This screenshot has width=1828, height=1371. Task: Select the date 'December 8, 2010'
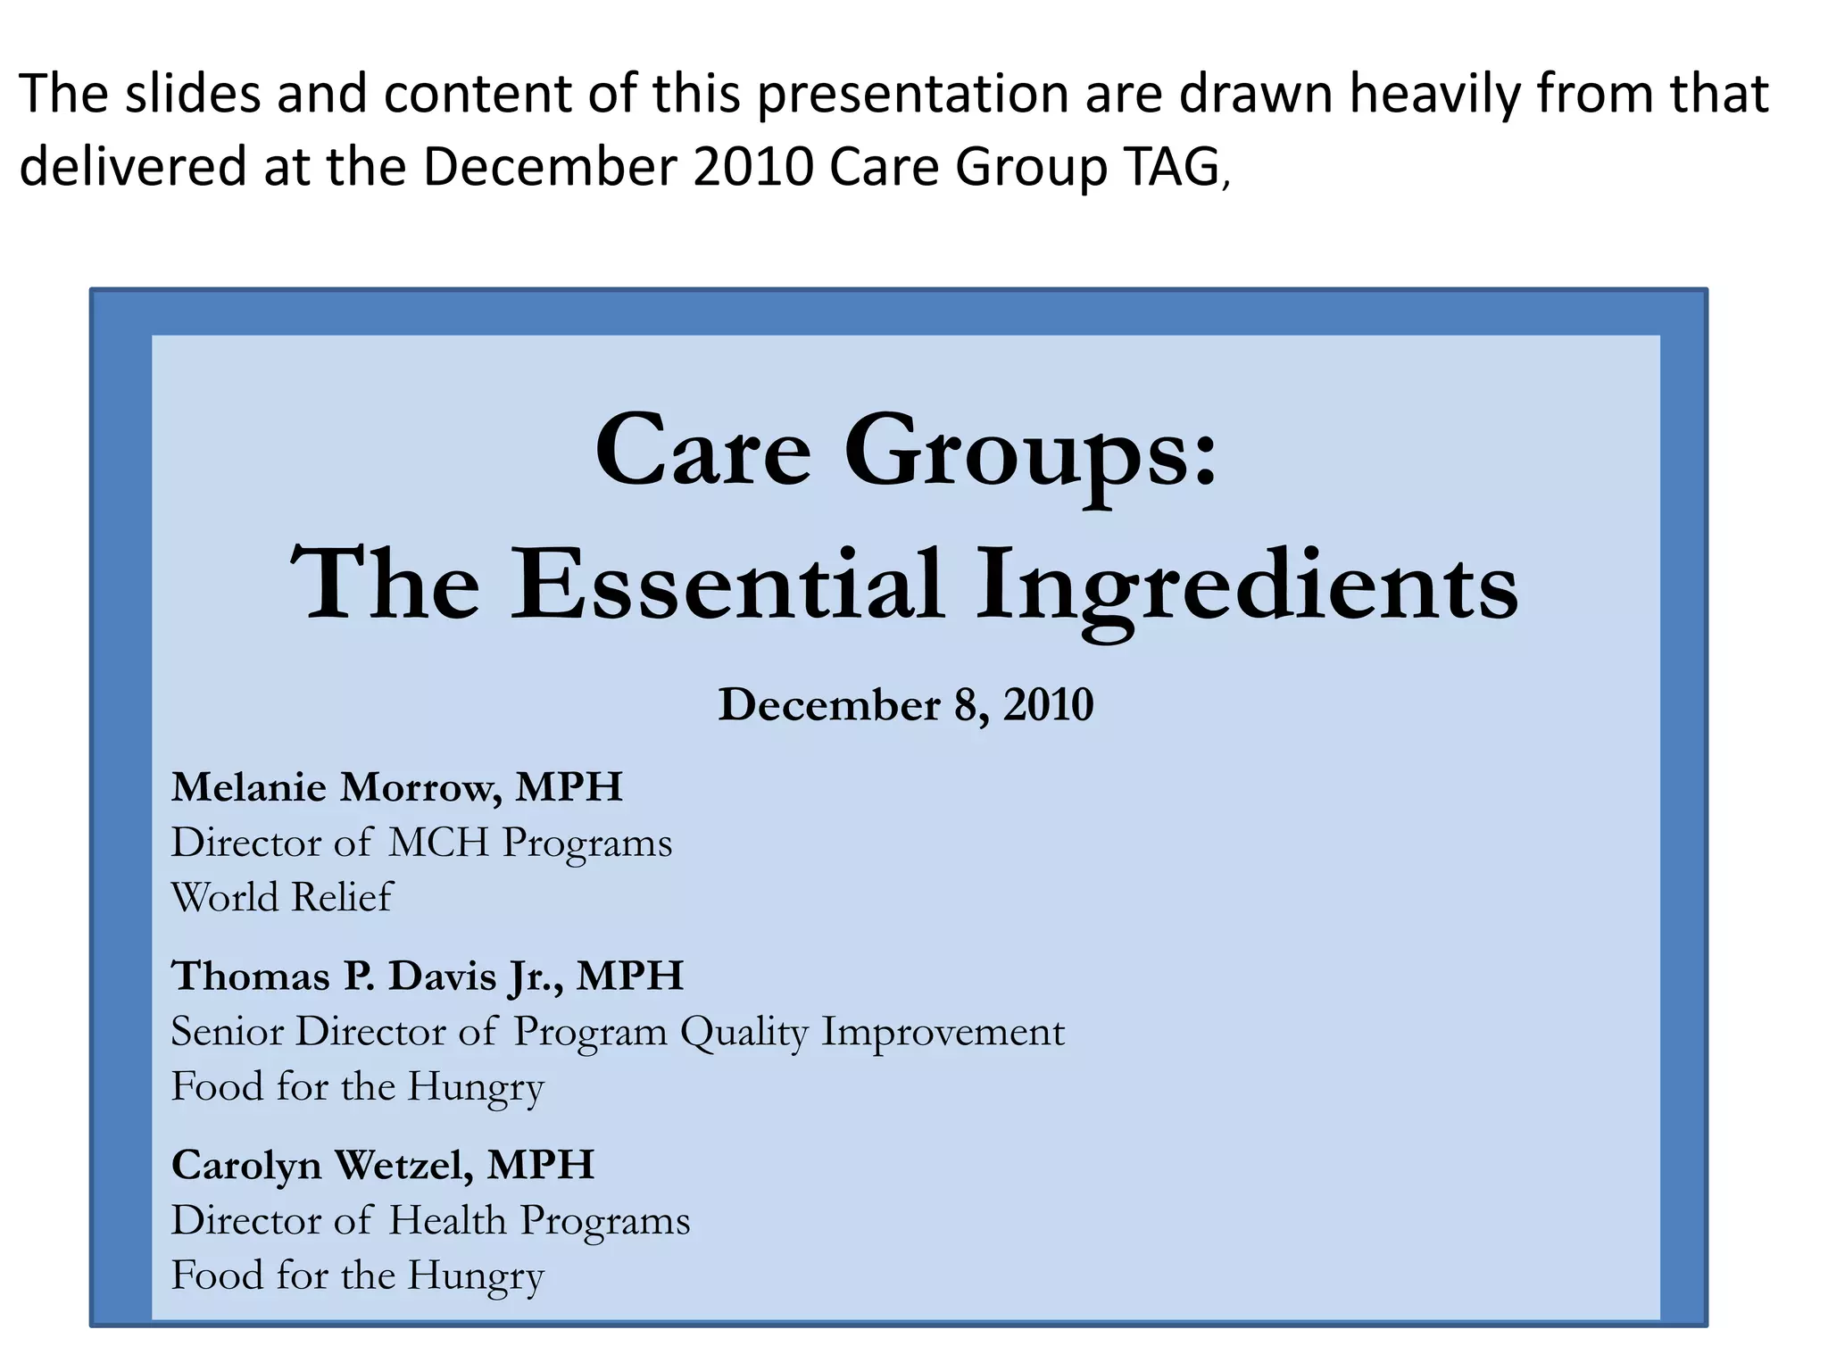point(905,705)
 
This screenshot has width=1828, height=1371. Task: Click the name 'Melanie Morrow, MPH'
point(396,787)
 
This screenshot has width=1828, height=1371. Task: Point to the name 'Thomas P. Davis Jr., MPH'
point(427,976)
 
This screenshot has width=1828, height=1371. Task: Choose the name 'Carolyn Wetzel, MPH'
point(382,1165)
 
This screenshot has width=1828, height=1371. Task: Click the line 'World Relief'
point(281,897)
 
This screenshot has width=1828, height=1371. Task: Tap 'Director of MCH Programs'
point(421,843)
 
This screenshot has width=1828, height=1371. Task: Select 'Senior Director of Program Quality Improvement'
point(618,1032)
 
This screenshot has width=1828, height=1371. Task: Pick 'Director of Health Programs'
point(430,1220)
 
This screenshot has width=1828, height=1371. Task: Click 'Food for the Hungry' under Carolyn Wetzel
point(357,1275)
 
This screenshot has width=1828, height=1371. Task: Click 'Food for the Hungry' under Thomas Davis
point(357,1087)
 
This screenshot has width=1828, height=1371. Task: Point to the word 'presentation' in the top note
point(912,95)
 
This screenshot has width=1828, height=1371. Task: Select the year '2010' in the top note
point(752,167)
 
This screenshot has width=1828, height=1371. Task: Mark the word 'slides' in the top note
point(193,93)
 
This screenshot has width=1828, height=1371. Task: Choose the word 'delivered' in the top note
point(132,167)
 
